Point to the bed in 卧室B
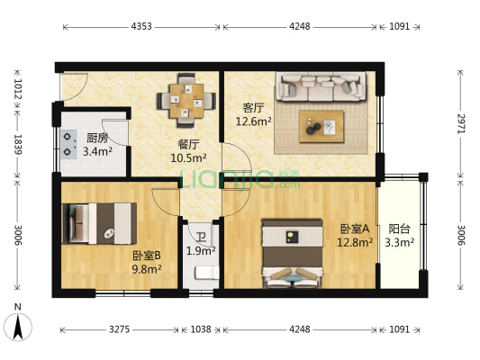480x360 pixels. [x=99, y=222]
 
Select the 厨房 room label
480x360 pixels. [x=97, y=138]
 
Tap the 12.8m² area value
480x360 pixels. [x=355, y=242]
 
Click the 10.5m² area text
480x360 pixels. [x=188, y=158]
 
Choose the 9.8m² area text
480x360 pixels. [x=146, y=268]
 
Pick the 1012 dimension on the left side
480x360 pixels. [x=17, y=90]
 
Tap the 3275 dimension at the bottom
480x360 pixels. [x=119, y=329]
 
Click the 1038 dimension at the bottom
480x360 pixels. [x=200, y=329]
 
